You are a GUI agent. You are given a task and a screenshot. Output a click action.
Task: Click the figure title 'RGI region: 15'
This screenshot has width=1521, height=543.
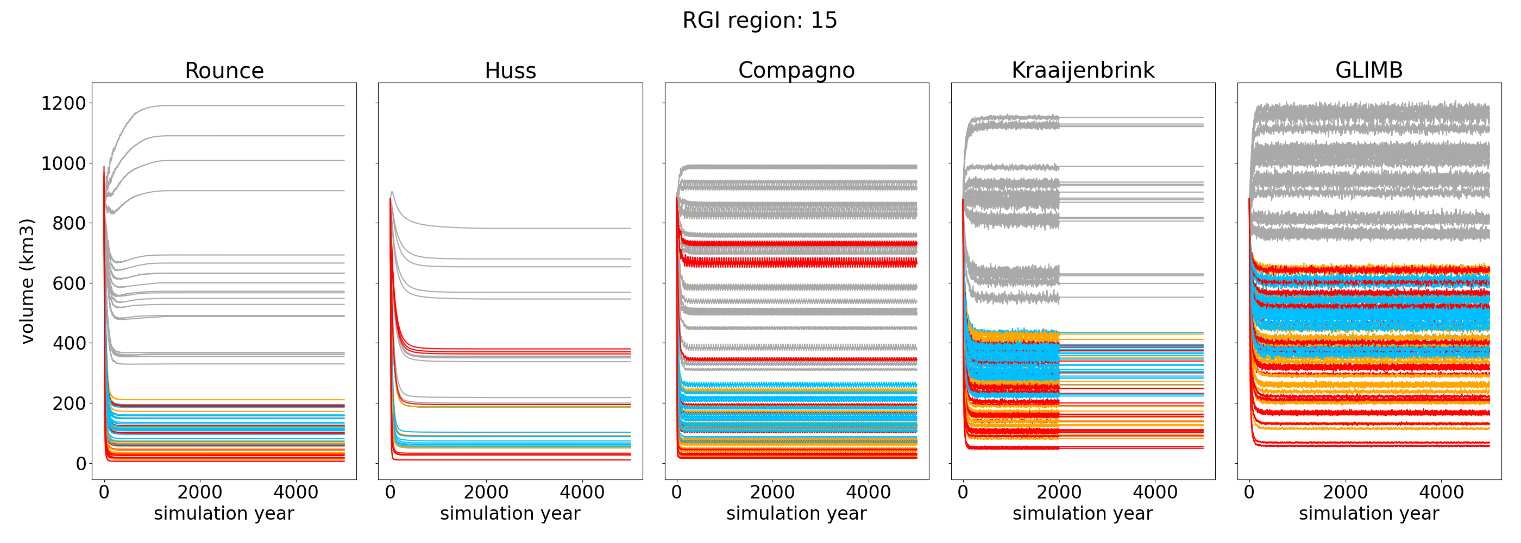click(x=760, y=21)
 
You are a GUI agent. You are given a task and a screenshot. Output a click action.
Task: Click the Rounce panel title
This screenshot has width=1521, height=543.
click(x=224, y=71)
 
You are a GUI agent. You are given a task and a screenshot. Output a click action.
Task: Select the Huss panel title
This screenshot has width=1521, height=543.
click(x=510, y=71)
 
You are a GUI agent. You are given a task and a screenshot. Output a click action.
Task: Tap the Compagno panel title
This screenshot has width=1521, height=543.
click(x=796, y=70)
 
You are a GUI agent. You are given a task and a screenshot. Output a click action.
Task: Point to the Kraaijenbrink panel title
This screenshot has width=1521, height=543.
click(x=1083, y=70)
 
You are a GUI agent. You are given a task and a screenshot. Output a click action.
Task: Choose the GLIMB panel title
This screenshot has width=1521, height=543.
click(x=1369, y=70)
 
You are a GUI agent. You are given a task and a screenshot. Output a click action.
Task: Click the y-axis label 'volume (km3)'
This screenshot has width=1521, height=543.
click(x=27, y=281)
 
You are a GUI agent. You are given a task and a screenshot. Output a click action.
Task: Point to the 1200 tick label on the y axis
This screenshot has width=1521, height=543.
click(x=63, y=104)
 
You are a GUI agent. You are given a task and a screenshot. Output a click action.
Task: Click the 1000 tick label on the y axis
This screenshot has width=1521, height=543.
click(x=63, y=163)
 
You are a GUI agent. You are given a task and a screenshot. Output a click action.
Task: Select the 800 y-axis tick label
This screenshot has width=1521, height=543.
click(x=69, y=224)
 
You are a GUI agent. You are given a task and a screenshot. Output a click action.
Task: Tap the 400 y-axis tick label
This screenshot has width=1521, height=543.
click(x=69, y=344)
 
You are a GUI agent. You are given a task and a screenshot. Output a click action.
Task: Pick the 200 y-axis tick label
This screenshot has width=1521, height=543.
click(x=69, y=403)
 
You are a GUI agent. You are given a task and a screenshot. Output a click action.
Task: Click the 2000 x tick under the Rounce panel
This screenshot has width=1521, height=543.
click(x=199, y=493)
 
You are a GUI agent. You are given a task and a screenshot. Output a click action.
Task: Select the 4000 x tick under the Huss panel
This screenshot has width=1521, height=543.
click(x=582, y=493)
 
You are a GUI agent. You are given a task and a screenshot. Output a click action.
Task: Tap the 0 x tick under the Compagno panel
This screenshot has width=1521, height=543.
click(x=677, y=493)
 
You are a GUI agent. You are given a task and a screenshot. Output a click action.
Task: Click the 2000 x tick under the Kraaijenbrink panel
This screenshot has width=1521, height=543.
click(x=1059, y=493)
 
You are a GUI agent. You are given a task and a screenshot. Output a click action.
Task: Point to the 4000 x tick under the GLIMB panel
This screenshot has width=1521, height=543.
click(x=1441, y=493)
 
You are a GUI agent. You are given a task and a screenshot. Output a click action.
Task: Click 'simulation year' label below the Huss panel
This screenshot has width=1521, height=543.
click(x=510, y=514)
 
